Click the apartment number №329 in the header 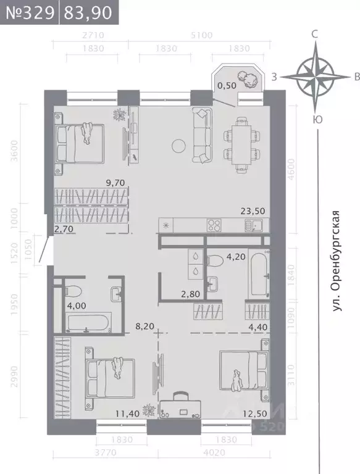pos(29,13)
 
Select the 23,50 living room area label pos(253,210)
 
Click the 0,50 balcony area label pos(225,86)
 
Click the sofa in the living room pos(202,135)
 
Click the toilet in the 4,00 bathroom pos(72,291)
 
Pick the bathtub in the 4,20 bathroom pos(257,276)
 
